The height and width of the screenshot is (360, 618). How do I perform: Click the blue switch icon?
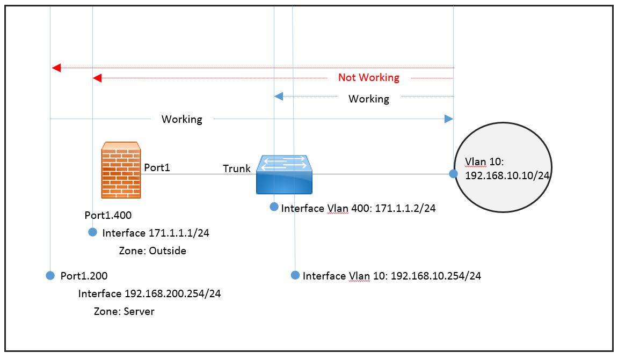coord(285,174)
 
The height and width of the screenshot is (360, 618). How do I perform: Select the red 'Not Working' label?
coord(368,78)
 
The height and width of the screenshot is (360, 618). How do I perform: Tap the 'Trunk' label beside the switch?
coord(237,168)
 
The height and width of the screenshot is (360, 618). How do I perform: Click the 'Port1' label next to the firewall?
coord(157,167)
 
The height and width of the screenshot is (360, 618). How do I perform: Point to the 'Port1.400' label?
coord(108,215)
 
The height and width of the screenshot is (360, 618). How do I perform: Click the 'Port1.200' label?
coord(84,276)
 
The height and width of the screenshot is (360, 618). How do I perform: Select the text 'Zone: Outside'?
coord(152,251)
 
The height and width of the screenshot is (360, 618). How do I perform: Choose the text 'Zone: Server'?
coord(124,311)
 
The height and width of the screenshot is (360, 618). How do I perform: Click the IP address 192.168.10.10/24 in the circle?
coord(503,175)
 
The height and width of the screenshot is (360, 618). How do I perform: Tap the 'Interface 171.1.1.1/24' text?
coord(147,233)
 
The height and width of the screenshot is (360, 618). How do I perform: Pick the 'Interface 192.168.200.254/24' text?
coord(149,294)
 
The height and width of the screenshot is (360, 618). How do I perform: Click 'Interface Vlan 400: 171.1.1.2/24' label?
coord(358,209)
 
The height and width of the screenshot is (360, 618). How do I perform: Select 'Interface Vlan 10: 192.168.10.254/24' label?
coord(391,276)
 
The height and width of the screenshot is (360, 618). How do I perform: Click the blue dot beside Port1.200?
coord(50,275)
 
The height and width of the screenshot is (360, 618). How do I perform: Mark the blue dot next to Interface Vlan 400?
coord(274,207)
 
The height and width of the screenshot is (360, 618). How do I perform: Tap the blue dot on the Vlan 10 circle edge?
coord(454,173)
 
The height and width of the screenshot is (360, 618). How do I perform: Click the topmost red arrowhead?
coord(56,68)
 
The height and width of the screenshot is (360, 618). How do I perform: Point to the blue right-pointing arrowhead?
coord(449,119)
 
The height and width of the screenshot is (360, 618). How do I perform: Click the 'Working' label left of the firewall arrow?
coord(182,119)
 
